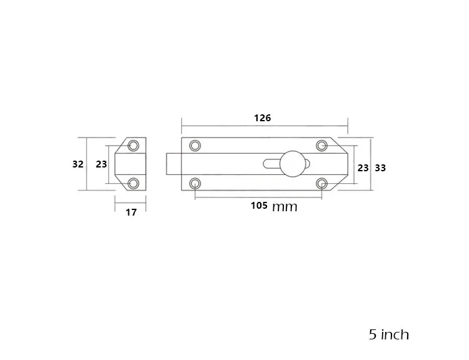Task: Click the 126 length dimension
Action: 262,117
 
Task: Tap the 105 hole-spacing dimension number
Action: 259,206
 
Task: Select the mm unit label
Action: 285,207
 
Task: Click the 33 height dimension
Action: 380,168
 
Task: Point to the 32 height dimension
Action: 78,164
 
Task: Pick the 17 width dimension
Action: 131,212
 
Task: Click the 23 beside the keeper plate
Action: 101,164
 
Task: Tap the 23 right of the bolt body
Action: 363,168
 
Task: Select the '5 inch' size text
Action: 389,334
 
